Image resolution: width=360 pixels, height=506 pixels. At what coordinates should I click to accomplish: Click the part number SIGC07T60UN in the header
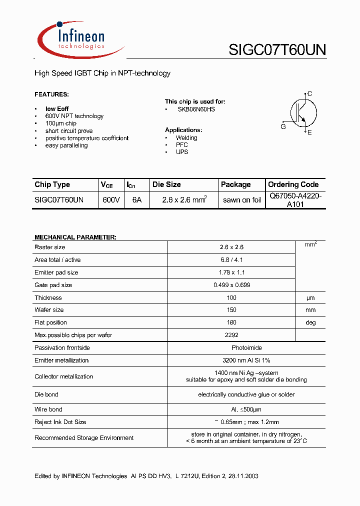click(x=277, y=49)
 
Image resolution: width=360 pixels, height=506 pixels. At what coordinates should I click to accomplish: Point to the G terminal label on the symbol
click(x=283, y=126)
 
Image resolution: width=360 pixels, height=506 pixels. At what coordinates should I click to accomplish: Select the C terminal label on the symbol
click(x=310, y=93)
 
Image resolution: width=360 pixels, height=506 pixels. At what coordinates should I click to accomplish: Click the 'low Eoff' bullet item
click(x=57, y=108)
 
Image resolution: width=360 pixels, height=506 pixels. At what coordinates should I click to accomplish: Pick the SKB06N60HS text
click(x=196, y=109)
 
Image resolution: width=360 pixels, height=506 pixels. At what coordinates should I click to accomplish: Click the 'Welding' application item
click(x=186, y=137)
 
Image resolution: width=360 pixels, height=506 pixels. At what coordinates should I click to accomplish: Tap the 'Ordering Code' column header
click(x=293, y=184)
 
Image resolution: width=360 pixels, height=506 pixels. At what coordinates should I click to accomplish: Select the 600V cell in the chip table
click(x=111, y=199)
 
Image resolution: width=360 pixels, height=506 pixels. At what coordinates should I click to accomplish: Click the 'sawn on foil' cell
click(x=242, y=200)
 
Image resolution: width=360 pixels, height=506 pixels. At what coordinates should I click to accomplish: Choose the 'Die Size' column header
click(x=166, y=184)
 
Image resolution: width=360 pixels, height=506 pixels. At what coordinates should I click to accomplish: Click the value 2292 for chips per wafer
click(x=231, y=335)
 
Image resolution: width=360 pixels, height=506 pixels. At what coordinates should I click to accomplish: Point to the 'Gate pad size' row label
click(x=53, y=285)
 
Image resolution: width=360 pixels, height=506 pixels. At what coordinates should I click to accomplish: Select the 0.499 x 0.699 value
click(x=231, y=285)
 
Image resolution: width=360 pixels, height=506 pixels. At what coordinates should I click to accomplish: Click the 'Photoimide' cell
click(x=231, y=347)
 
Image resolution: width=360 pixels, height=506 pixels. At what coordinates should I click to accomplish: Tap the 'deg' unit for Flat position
click(x=311, y=322)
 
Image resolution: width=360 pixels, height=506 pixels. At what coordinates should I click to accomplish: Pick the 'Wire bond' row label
click(x=48, y=409)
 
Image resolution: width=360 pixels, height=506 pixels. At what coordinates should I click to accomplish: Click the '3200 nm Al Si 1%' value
click(x=231, y=360)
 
